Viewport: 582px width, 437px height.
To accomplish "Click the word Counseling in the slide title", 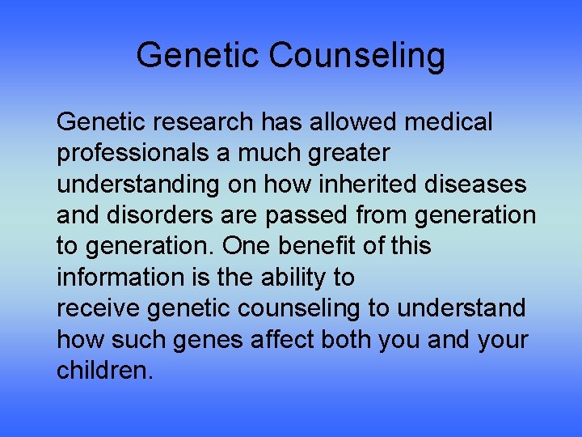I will tap(356, 56).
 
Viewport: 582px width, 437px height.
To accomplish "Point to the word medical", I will tap(449, 122).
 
